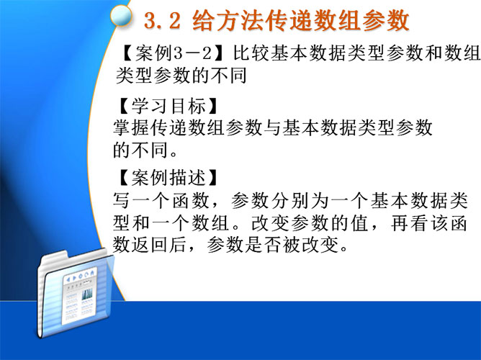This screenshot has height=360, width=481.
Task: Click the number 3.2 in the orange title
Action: point(162,21)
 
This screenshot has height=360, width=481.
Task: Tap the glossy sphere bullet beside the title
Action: point(121,16)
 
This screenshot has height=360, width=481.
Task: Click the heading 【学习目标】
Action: point(168,106)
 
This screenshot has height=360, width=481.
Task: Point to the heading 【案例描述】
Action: point(168,177)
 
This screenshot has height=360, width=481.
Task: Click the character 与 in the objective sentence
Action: point(272,127)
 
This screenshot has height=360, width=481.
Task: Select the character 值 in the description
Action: point(359,223)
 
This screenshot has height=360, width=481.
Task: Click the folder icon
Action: point(75,294)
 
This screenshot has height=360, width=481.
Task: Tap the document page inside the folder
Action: point(79,295)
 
